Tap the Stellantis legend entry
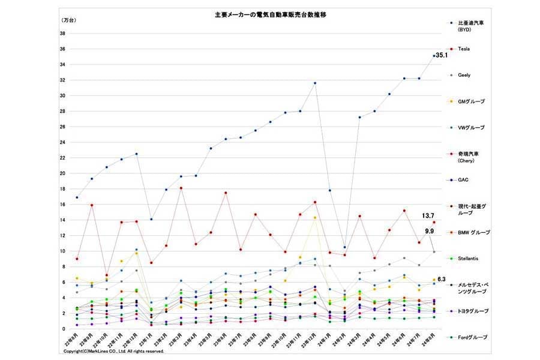(469, 259)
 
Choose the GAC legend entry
(463, 179)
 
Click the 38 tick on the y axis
(63, 33)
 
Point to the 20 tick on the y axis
(63, 173)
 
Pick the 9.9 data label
(429, 231)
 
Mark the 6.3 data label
(441, 280)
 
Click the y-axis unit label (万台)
(70, 20)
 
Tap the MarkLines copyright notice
(113, 352)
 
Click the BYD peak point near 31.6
(315, 83)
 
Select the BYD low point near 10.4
(344, 247)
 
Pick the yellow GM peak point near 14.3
(315, 217)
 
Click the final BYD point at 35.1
(434, 56)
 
